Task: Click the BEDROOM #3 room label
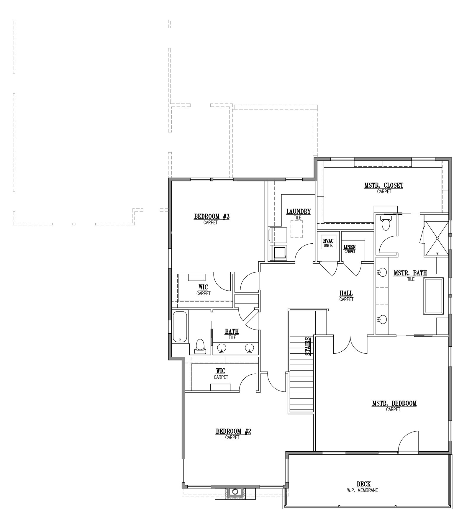click(x=212, y=217)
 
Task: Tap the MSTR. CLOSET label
click(x=383, y=186)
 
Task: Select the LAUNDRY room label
click(x=298, y=211)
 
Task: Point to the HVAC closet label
click(x=328, y=241)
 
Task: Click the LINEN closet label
click(x=350, y=247)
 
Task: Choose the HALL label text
click(x=346, y=293)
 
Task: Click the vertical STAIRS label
click(x=308, y=346)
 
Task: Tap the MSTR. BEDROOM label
click(x=394, y=403)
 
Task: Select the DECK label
click(x=363, y=484)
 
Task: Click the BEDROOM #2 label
click(x=233, y=431)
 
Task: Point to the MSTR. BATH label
click(x=410, y=273)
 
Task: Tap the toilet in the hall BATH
click(x=200, y=346)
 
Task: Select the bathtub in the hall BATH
click(x=180, y=327)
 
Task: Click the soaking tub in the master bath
click(x=433, y=296)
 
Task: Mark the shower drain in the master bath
click(x=437, y=237)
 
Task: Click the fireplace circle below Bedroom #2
click(x=235, y=491)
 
